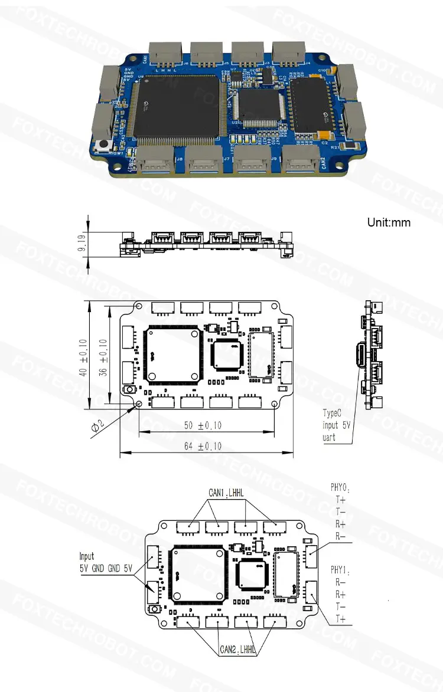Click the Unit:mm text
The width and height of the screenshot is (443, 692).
click(x=388, y=222)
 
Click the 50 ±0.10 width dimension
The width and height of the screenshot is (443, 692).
click(x=203, y=425)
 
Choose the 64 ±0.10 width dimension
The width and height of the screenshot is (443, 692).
click(x=203, y=446)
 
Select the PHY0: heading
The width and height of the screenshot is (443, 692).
click(x=340, y=488)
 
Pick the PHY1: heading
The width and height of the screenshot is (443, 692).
click(x=340, y=571)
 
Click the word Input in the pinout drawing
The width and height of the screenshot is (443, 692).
click(x=87, y=556)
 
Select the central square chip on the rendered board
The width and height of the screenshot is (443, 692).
click(x=258, y=107)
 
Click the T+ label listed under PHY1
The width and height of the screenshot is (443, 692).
click(x=340, y=618)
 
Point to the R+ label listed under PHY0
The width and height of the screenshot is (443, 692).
click(x=340, y=524)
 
